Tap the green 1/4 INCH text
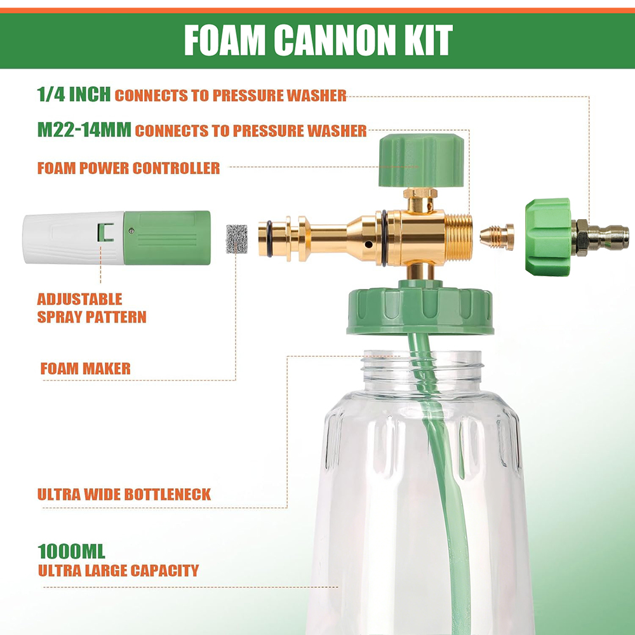[74, 95]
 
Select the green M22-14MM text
[84, 130]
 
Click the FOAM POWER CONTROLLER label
[128, 168]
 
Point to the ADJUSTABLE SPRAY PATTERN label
[91, 308]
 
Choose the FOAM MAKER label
[86, 368]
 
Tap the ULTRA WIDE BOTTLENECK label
[124, 494]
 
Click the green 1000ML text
[71, 552]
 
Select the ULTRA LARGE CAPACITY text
[118, 570]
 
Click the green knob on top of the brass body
[421, 161]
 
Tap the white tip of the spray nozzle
[73, 237]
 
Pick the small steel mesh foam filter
[237, 239]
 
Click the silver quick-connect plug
[602, 237]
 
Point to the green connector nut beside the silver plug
[549, 237]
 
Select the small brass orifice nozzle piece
[497, 237]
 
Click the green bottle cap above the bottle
[420, 308]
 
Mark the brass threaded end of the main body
[459, 237]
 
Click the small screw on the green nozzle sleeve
[131, 231]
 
